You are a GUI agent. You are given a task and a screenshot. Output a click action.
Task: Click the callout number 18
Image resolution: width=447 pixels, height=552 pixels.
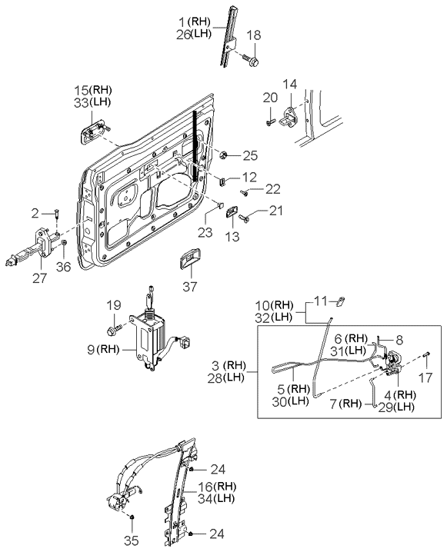pyautogui.click(x=254, y=35)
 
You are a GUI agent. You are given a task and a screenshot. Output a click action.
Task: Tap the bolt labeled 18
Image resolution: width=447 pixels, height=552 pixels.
pyautogui.click(x=252, y=60)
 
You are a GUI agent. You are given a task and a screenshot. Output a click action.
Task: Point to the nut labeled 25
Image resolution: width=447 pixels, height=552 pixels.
pyautogui.click(x=223, y=155)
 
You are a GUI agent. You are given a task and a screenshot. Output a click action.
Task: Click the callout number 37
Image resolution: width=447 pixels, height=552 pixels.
pyautogui.click(x=190, y=287)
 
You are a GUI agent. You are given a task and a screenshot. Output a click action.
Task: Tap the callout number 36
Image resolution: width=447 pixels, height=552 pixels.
pyautogui.click(x=63, y=267)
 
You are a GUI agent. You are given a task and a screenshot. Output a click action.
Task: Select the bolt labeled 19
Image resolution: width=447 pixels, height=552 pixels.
pyautogui.click(x=114, y=330)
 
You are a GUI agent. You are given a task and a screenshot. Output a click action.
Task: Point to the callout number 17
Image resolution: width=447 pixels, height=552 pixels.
pyautogui.click(x=425, y=378)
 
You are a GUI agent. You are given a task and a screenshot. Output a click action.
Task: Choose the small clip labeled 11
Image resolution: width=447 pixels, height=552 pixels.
pyautogui.click(x=342, y=301)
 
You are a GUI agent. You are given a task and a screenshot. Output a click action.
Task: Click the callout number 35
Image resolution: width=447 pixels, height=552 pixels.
pyautogui.click(x=132, y=540)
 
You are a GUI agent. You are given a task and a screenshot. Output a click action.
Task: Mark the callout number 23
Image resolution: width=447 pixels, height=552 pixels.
pyautogui.click(x=205, y=232)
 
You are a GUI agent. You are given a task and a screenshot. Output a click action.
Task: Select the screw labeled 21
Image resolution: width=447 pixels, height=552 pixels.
pyautogui.click(x=244, y=218)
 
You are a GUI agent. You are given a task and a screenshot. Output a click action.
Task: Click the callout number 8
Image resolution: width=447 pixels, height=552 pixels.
pyautogui.click(x=399, y=340)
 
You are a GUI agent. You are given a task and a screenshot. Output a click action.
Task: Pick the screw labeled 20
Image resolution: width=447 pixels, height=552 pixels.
pyautogui.click(x=270, y=122)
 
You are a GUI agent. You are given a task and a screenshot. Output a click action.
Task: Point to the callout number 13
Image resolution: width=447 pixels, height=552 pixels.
pyautogui.click(x=232, y=237)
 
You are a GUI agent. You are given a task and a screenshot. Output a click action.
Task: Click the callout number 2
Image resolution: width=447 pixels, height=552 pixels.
pyautogui.click(x=35, y=213)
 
